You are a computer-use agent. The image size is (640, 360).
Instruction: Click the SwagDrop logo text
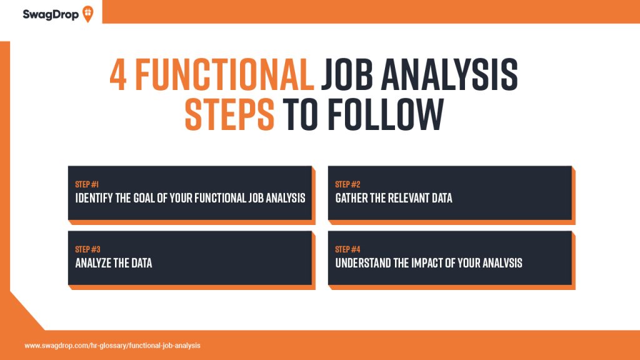(51, 15)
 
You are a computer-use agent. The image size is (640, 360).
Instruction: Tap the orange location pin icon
(87, 14)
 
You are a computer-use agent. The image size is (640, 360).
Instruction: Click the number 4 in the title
(118, 74)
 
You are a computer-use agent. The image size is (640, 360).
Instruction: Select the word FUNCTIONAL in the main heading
(224, 74)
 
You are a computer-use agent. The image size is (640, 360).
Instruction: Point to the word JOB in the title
(347, 74)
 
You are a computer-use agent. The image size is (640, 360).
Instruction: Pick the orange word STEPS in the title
(230, 114)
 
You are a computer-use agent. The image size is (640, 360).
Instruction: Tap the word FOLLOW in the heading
(386, 114)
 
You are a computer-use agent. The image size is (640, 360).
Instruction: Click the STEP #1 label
(86, 184)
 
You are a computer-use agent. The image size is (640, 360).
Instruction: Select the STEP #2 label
(347, 184)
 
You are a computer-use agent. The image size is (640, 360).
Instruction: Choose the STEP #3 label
(87, 249)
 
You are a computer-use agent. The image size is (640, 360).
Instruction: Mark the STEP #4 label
(347, 249)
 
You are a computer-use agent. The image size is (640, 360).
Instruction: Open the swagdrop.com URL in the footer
(112, 346)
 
